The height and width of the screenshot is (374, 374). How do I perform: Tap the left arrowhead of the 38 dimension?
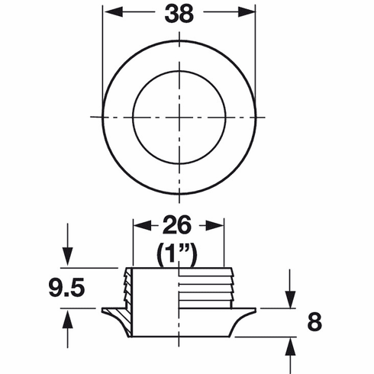coord(108,14)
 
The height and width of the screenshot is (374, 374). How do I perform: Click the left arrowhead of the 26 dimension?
coord(139,226)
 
